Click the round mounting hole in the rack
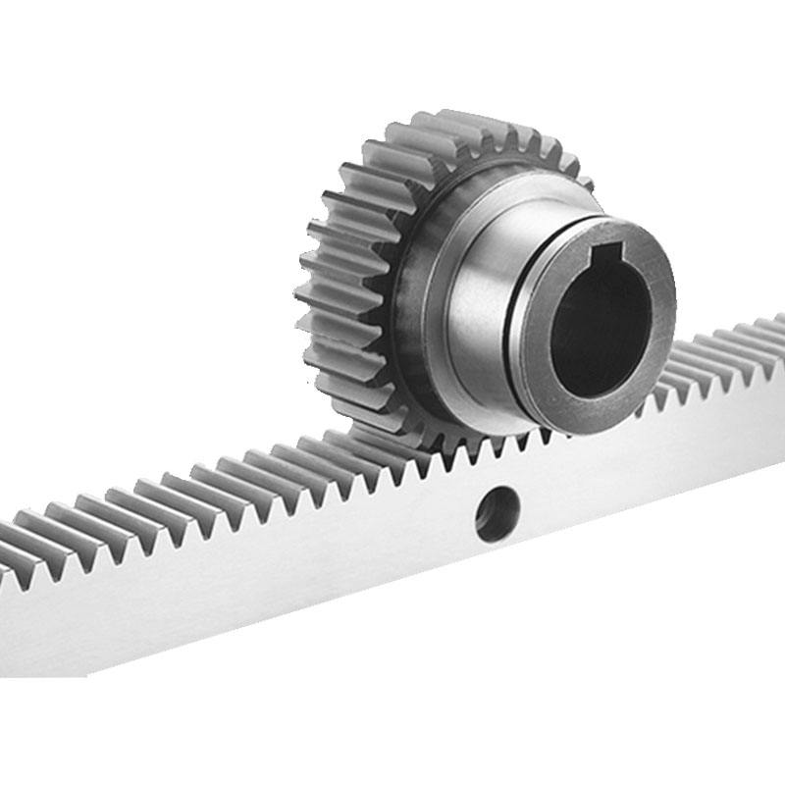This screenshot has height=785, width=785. (x=497, y=513)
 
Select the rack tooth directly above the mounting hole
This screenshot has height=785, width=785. (x=491, y=449)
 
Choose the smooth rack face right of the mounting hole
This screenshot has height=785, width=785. (x=648, y=461)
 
